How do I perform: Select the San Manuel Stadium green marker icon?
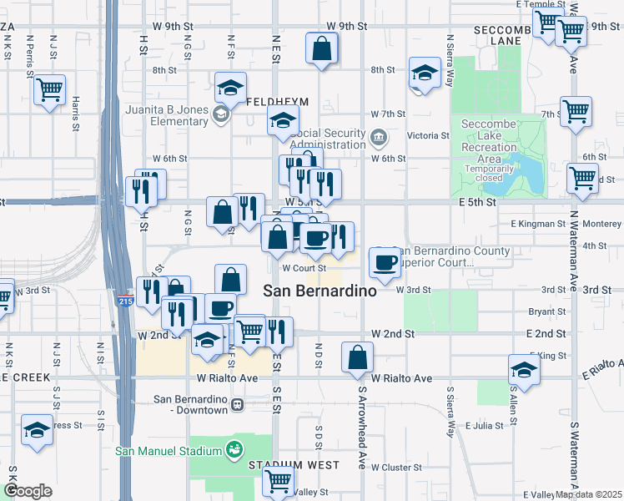(235, 450)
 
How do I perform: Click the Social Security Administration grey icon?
(378, 137)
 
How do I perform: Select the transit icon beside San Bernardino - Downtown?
(238, 405)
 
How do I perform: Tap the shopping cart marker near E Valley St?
(278, 479)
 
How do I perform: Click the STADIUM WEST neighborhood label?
(295, 465)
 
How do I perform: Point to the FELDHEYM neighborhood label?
(278, 101)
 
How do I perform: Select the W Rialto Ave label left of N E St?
(227, 378)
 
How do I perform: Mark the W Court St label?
(303, 269)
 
